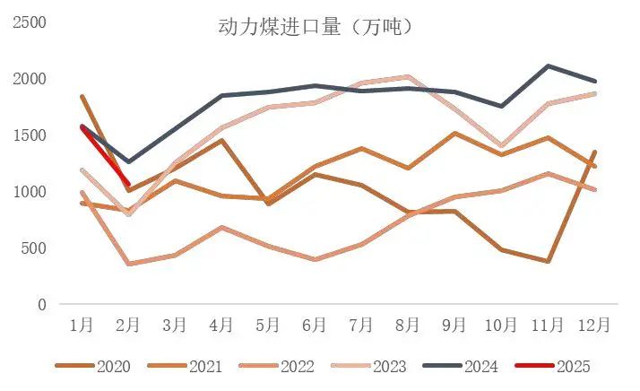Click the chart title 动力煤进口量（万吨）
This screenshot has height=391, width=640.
[x=316, y=28]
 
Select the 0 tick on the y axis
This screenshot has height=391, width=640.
[x=41, y=304]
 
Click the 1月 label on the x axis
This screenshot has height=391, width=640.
[x=82, y=324]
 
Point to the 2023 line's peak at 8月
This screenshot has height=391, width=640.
[x=409, y=76]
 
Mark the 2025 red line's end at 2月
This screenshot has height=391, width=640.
[x=129, y=185]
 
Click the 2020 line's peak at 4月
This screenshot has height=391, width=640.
[x=222, y=140]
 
